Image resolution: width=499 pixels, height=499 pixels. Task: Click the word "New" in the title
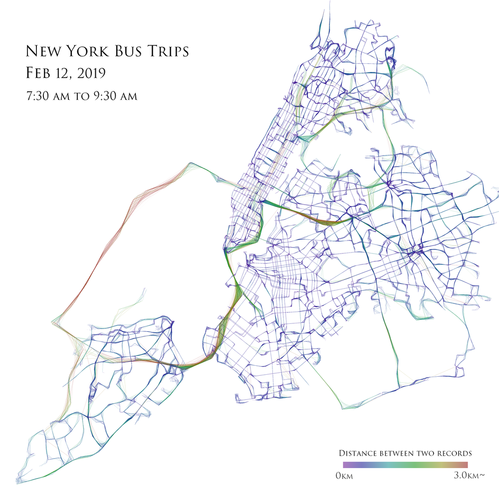coord(41,51)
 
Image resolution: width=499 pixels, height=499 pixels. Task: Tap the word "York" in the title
coord(83,51)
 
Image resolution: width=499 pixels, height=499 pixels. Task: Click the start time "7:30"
coord(37,95)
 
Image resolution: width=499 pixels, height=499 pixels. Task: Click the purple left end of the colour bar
coord(340,465)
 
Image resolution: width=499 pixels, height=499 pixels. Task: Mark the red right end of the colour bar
coord(465,465)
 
